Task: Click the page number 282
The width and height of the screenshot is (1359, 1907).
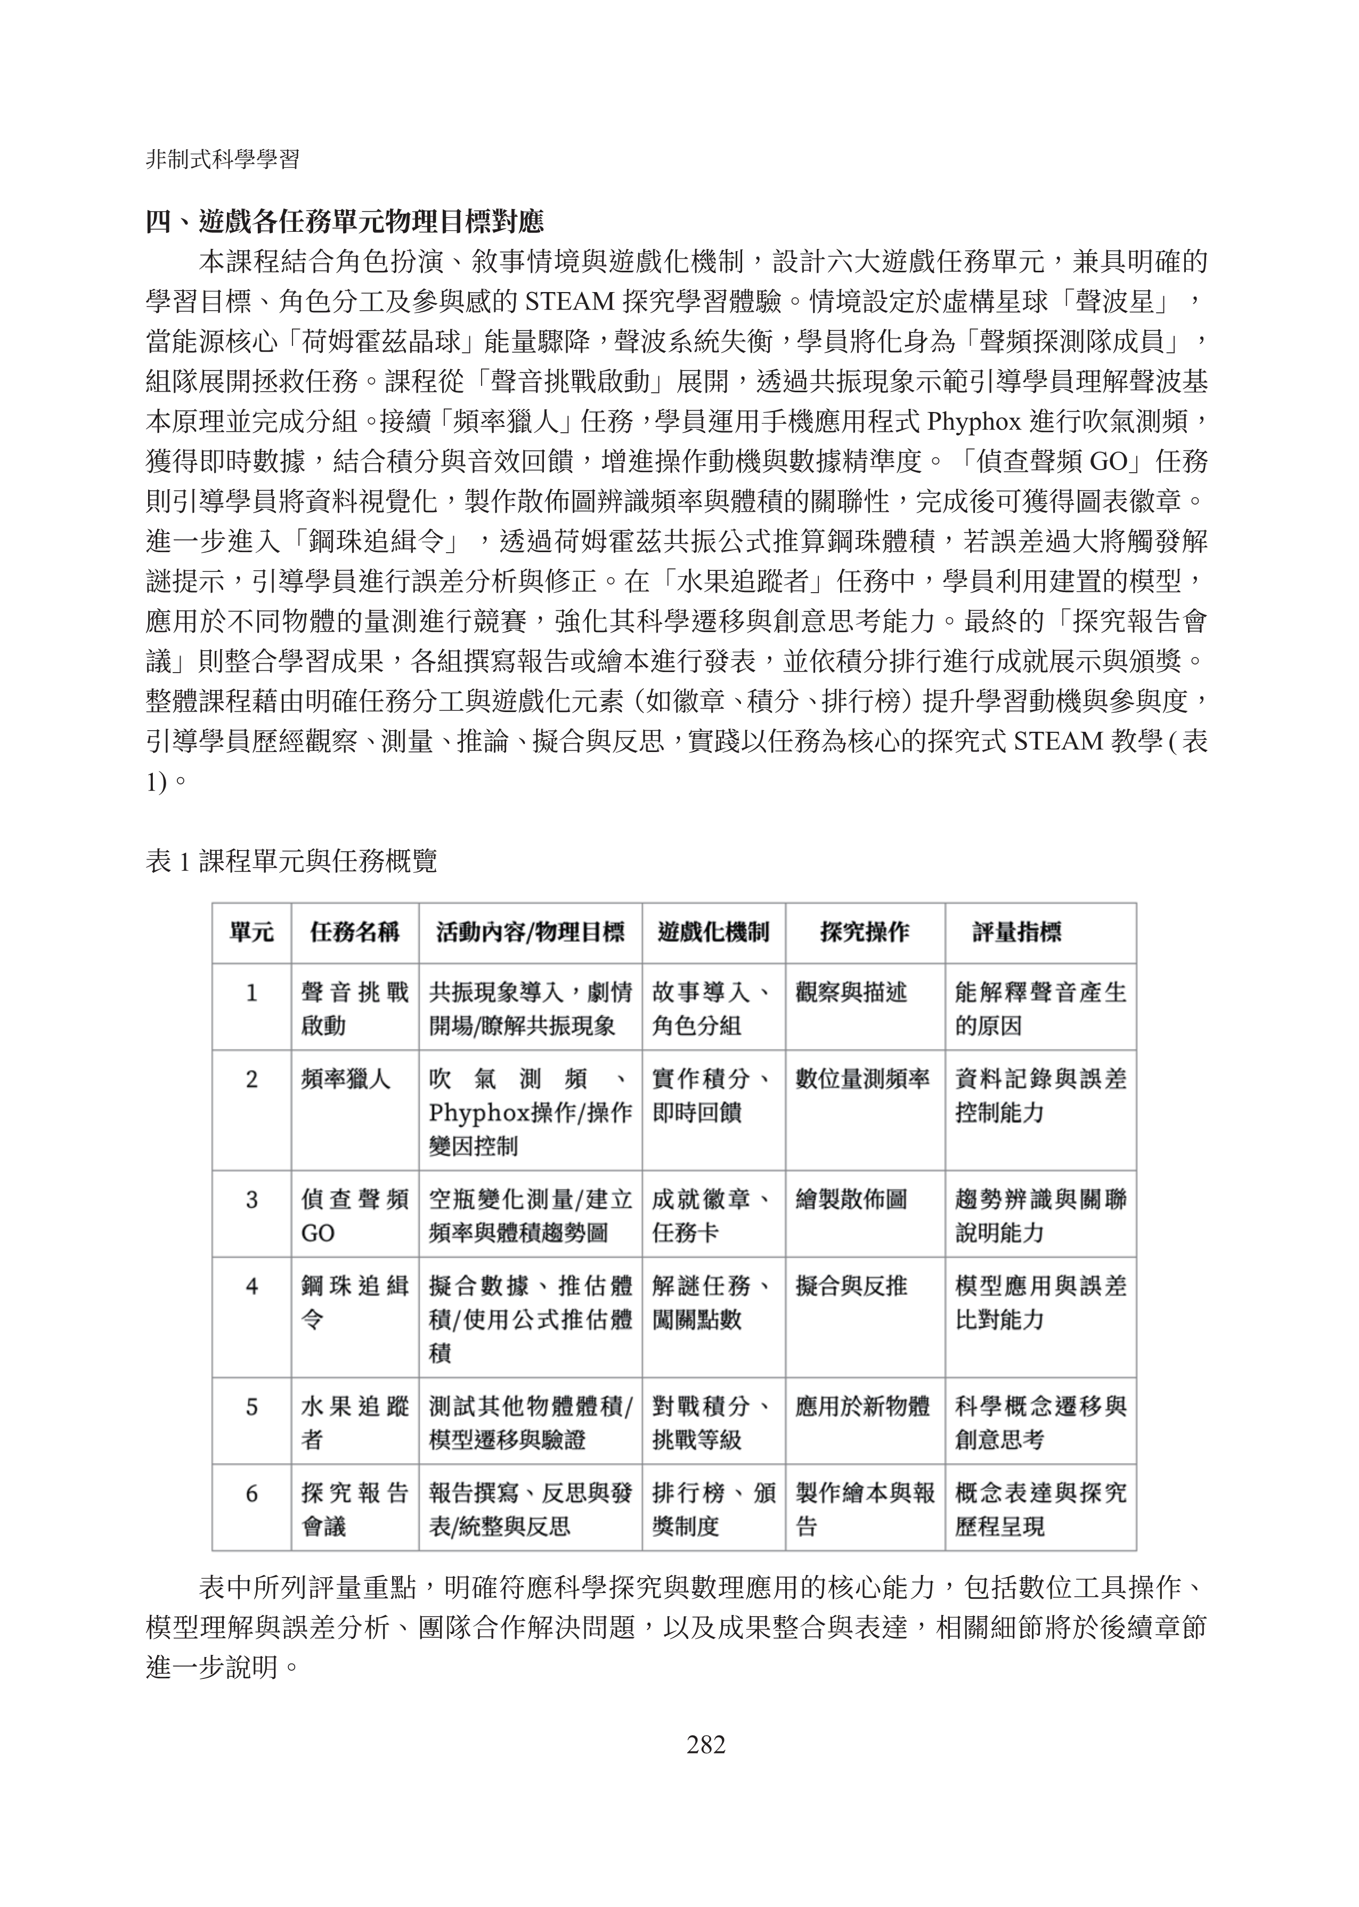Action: [705, 1744]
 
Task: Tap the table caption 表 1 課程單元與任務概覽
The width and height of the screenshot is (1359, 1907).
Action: [291, 861]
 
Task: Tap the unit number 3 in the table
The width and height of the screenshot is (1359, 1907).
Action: [251, 1200]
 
